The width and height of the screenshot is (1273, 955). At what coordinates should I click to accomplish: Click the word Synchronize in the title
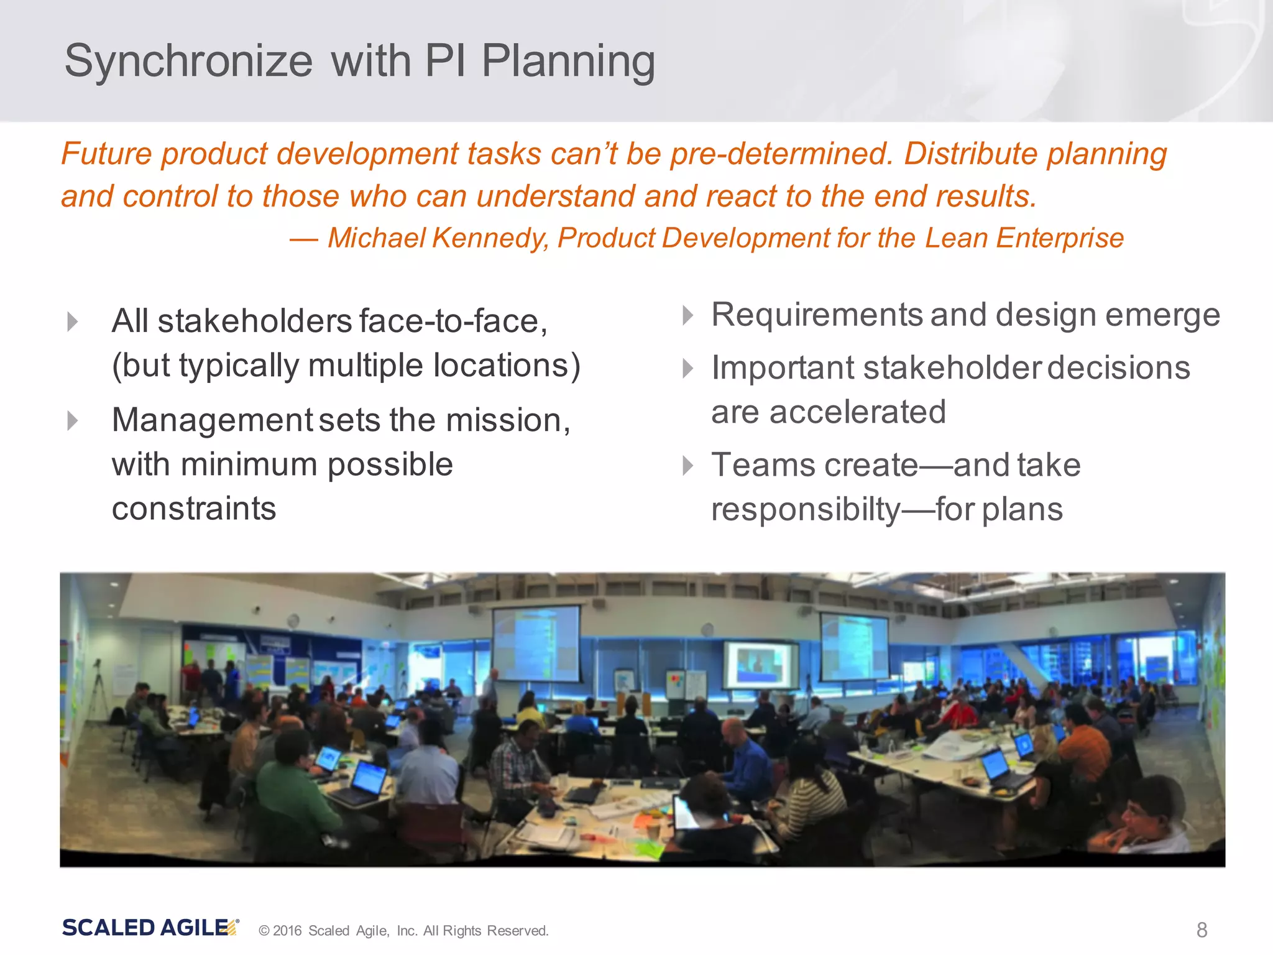pos(188,62)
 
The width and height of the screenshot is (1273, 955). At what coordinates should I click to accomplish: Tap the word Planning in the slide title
pos(568,62)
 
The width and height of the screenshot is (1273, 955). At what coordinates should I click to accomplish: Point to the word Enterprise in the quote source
pos(1060,238)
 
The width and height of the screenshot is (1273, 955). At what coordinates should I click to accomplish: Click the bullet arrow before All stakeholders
pos(73,321)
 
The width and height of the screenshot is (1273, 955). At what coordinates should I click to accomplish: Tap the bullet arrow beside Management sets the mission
pos(73,421)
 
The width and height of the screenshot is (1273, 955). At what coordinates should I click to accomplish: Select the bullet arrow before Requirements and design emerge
pos(687,315)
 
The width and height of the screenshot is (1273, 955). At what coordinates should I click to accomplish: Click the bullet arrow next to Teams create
pos(687,465)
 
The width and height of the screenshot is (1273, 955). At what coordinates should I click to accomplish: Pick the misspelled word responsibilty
pos(806,510)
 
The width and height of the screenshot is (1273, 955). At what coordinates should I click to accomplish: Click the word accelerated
pos(858,412)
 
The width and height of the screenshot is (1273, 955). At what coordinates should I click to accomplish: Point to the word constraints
pos(194,509)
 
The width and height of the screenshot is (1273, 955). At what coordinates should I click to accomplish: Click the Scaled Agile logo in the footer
pos(150,928)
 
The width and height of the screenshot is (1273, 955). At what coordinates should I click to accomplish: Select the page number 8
pos(1202,930)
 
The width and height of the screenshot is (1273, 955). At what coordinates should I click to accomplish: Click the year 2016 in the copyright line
pos(287,931)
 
